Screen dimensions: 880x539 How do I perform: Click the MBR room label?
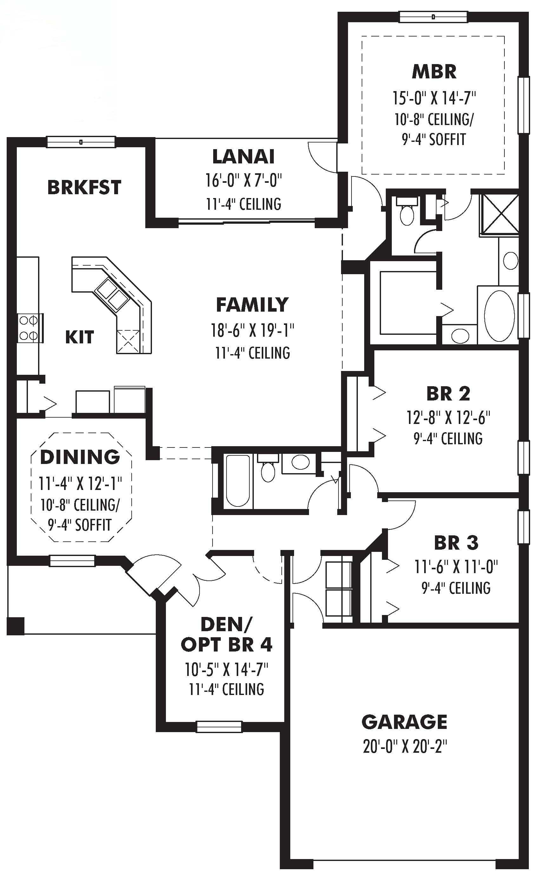click(434, 72)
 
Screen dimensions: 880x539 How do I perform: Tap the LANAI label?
click(243, 157)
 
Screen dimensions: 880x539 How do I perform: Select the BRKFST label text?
click(84, 188)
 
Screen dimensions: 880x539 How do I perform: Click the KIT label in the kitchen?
click(79, 337)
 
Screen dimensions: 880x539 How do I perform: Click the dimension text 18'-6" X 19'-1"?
click(252, 330)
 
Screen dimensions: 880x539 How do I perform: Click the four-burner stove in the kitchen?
click(28, 328)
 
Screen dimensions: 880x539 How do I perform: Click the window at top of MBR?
click(433, 17)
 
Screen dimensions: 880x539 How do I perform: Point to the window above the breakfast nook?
click(81, 142)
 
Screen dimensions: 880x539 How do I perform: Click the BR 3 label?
click(456, 543)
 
